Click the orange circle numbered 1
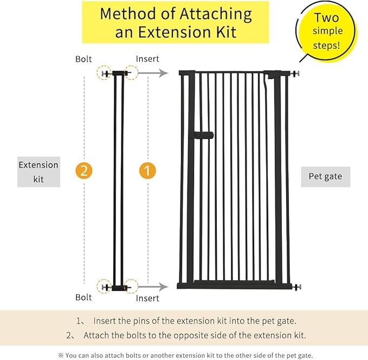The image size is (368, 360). [x=147, y=171]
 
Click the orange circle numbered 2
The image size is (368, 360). [x=84, y=171]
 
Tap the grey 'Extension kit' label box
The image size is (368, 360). [x=38, y=172]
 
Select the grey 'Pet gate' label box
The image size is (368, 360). [x=325, y=176]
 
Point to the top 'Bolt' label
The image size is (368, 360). [x=84, y=59]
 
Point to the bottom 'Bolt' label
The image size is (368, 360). [x=84, y=298]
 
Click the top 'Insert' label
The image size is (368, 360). [x=147, y=59]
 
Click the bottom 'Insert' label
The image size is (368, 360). [x=147, y=298]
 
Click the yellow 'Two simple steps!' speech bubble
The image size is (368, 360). [x=327, y=31]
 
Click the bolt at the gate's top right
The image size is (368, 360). [x=296, y=73]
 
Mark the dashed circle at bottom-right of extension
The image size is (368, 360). [x=131, y=286]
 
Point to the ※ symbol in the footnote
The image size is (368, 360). [x=61, y=356]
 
